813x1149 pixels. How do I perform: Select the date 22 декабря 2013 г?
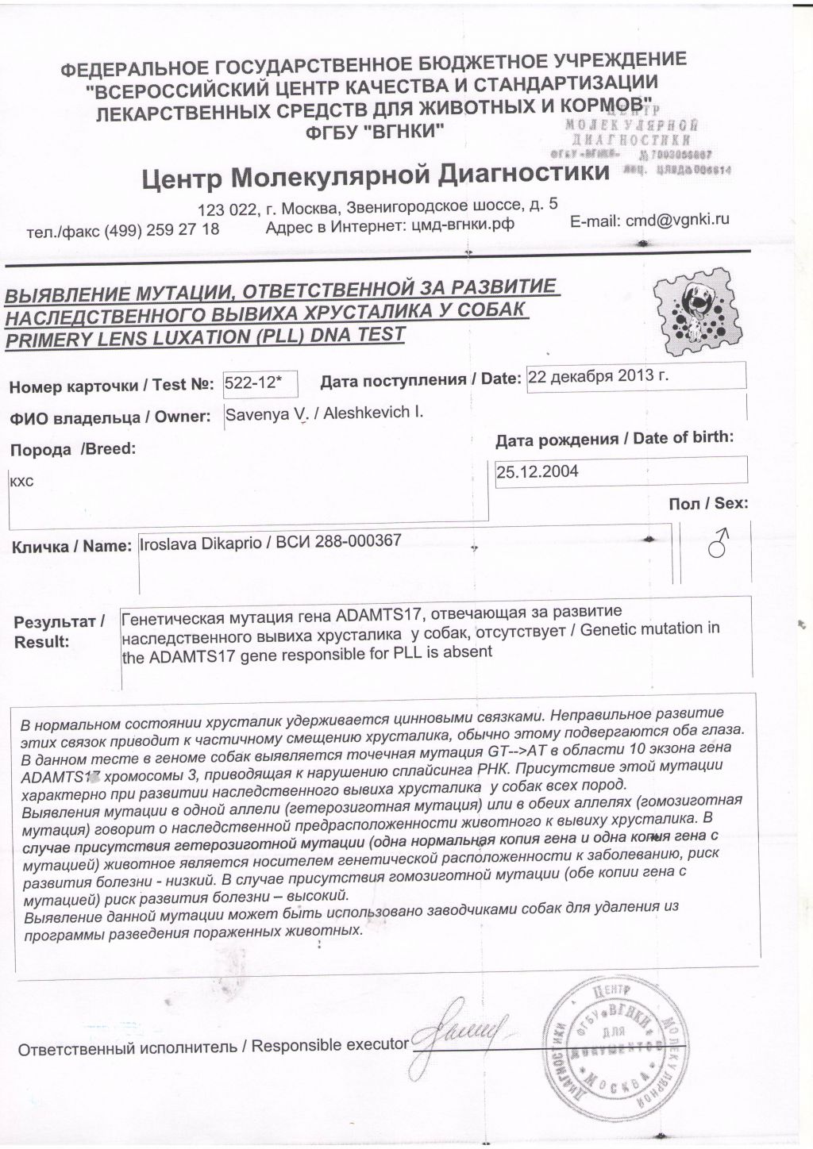(598, 376)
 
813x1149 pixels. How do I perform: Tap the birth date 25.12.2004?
(538, 472)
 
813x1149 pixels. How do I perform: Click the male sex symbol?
(719, 546)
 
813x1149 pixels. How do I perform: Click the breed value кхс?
(21, 481)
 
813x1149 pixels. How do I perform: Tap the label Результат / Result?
(57, 632)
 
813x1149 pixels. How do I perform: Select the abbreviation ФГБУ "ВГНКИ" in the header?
(376, 132)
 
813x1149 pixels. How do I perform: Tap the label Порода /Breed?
(72, 449)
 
